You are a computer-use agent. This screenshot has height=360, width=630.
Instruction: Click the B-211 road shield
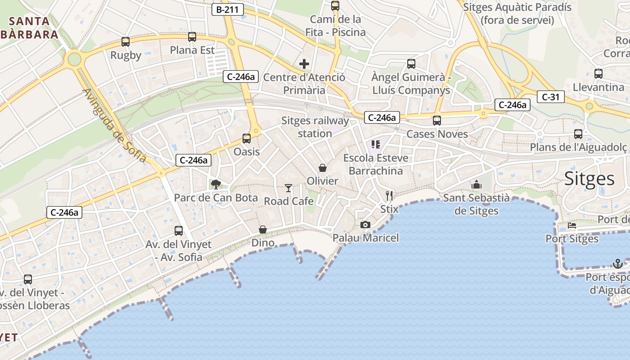tap(227, 9)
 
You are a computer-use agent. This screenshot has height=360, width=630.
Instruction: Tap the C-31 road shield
tap(550, 96)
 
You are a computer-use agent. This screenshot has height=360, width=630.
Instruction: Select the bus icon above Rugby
tap(126, 42)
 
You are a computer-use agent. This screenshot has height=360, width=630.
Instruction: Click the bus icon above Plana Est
tap(192, 37)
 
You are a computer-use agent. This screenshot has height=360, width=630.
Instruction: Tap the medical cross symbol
tap(304, 64)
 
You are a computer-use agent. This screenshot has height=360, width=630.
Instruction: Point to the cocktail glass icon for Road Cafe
tap(288, 188)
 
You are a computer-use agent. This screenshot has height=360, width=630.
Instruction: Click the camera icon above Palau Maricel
tap(365, 225)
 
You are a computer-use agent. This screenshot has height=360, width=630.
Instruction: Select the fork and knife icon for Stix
tap(389, 195)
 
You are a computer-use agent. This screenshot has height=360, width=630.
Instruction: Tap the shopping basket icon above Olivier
tap(323, 168)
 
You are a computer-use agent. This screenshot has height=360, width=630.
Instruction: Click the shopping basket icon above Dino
tap(263, 230)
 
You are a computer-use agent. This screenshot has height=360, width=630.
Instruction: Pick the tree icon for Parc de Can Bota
tap(216, 184)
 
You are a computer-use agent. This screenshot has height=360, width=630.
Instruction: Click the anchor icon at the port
tap(618, 263)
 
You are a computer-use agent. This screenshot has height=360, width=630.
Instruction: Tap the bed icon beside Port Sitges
tap(572, 225)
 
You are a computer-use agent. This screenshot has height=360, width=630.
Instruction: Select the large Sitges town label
tap(589, 179)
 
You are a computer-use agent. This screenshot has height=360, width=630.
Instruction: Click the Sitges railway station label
tap(315, 127)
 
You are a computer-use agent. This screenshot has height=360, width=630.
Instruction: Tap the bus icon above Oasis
tap(247, 138)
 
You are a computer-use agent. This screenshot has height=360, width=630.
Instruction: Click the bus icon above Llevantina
tap(598, 74)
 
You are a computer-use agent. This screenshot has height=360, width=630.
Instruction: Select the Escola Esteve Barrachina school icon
tap(376, 144)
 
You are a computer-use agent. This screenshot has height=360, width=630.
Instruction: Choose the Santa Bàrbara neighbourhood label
tap(31, 27)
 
